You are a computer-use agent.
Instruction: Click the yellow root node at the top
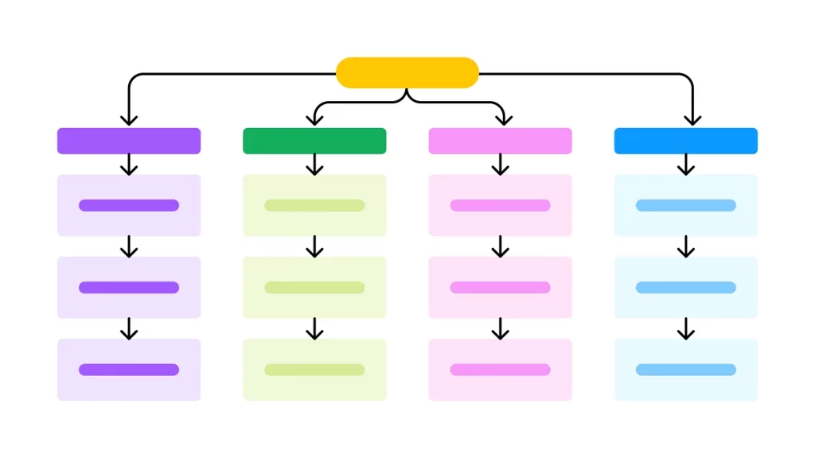407,72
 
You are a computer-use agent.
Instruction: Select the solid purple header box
129,141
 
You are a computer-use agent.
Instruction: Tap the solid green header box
314,141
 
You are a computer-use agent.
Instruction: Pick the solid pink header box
500,141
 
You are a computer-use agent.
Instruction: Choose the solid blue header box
685,141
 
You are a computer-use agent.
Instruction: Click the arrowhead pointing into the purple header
129,120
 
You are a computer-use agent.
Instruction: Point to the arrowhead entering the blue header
692,120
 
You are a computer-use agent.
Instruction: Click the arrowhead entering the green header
314,120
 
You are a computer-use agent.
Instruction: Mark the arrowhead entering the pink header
502,120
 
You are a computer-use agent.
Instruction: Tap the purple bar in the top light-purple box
129,205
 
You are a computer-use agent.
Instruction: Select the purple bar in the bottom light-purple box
129,370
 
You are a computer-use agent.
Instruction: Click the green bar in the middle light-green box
314,287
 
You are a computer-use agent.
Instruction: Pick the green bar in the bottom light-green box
314,370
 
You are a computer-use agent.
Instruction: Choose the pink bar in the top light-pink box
500,205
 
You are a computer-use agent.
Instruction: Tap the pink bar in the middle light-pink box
500,287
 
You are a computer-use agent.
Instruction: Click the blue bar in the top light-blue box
685,205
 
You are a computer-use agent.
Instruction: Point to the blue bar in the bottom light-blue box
685,370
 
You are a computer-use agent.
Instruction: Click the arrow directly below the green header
314,165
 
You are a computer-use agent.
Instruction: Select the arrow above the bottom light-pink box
500,328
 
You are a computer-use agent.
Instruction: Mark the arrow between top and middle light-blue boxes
685,246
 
